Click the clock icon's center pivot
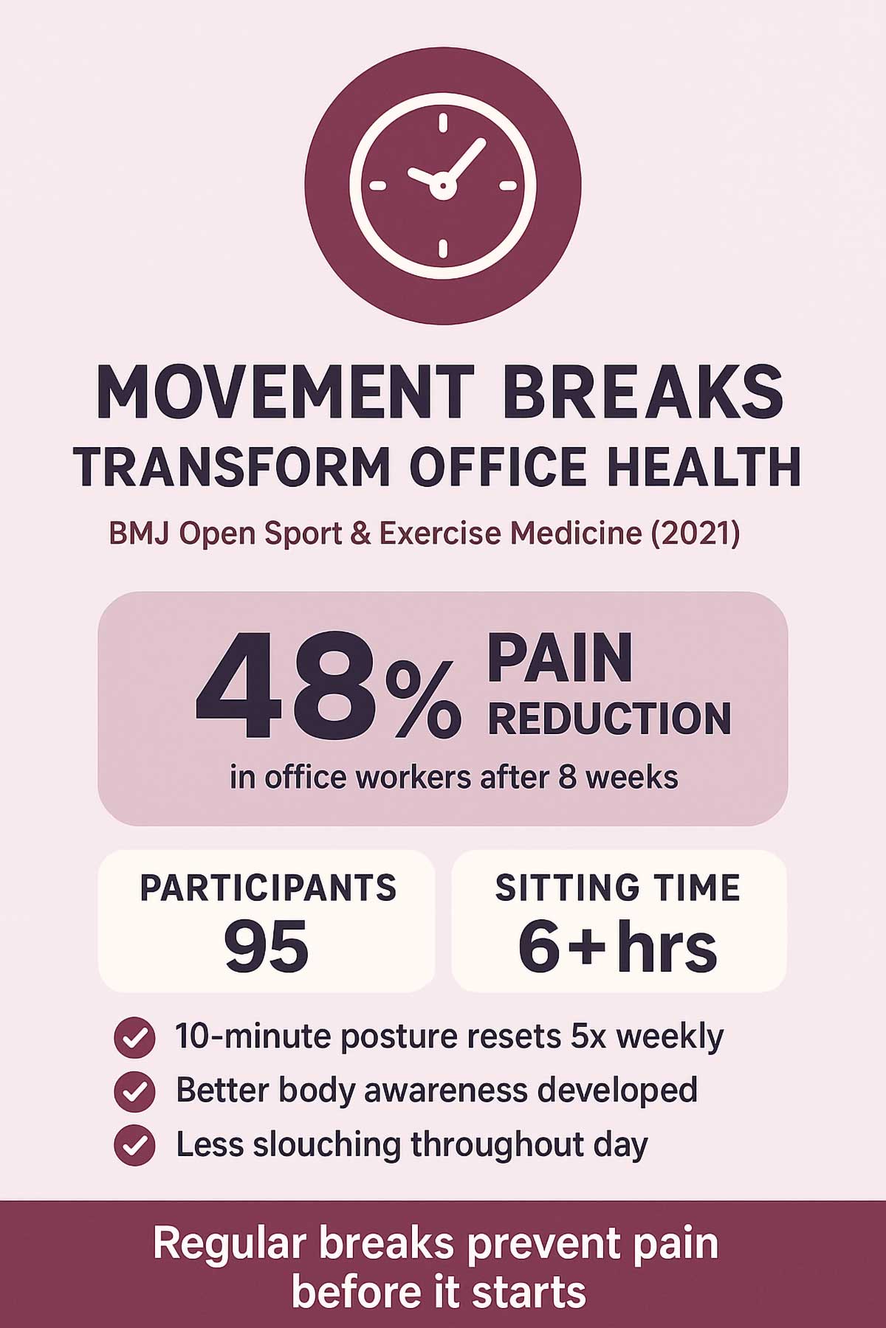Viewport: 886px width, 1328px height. point(442,186)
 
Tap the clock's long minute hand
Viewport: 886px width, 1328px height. point(464,161)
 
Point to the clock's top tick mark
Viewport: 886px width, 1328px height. point(443,122)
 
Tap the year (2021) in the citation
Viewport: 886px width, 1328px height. point(696,533)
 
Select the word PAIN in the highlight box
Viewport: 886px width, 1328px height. point(560,659)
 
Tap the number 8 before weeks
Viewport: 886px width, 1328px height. point(567,778)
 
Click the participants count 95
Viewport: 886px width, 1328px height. point(266,946)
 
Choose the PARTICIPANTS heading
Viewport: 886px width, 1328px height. point(268,888)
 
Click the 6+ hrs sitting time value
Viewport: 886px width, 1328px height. point(617,946)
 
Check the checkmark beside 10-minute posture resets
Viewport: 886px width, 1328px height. point(134,1038)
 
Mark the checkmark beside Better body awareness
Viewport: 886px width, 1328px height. point(134,1092)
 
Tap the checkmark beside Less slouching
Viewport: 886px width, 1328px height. point(134,1146)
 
